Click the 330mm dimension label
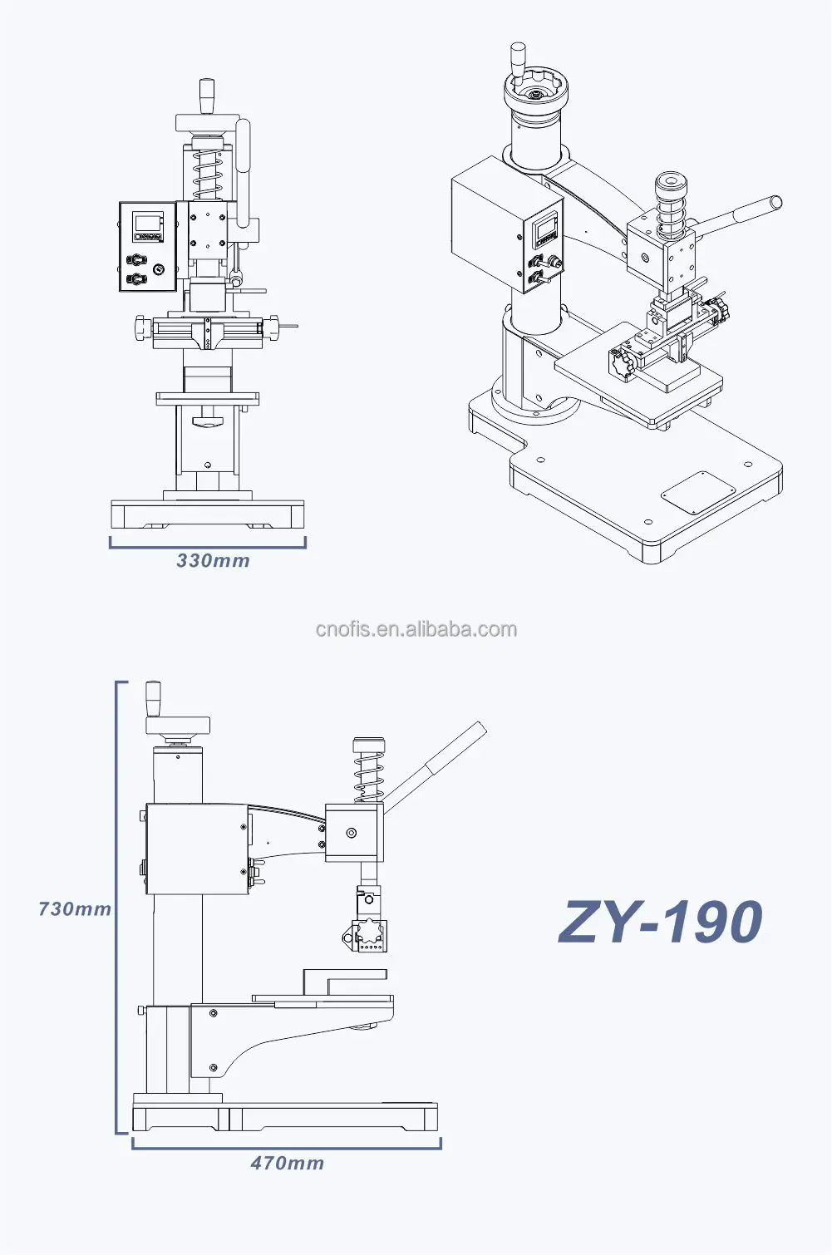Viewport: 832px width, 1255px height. pos(213,561)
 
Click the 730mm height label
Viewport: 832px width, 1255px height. pos(75,909)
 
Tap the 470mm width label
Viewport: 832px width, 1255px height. pos(288,1164)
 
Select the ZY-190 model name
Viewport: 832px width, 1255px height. pos(661,923)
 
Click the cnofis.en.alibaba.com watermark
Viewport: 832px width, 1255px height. pos(416,629)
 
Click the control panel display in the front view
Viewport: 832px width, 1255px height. pos(147,223)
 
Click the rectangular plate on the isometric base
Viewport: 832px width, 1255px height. pos(698,492)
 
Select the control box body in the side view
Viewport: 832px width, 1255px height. pos(196,849)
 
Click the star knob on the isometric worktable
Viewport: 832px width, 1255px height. pos(619,363)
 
